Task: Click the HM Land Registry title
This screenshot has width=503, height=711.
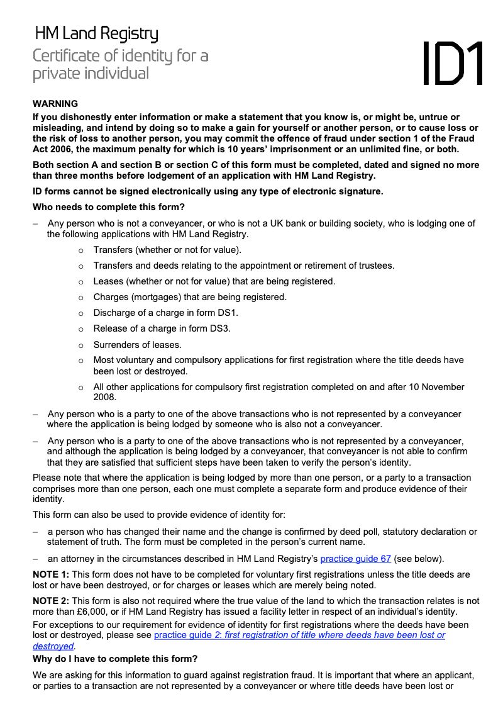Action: click(x=96, y=33)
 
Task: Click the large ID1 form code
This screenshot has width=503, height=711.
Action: click(x=453, y=63)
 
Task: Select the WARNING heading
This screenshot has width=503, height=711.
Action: click(x=55, y=104)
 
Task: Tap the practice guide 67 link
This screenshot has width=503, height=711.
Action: click(x=356, y=558)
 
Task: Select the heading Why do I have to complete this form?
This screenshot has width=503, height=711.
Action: click(x=115, y=659)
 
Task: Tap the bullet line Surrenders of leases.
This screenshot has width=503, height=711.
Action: click(x=137, y=345)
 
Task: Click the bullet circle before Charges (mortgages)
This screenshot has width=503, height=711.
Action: click(x=80, y=297)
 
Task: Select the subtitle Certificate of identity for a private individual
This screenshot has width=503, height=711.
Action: click(x=120, y=64)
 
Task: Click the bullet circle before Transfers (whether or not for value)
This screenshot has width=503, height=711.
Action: click(x=80, y=250)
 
